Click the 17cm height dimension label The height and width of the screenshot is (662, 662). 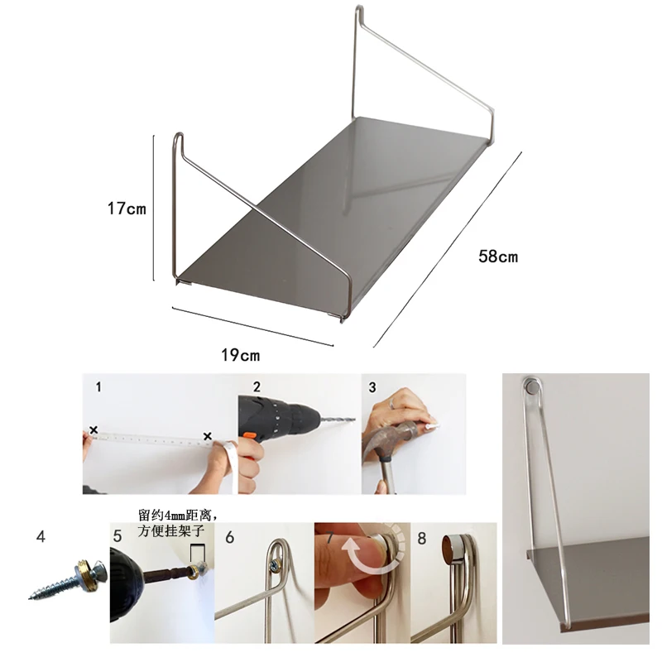point(127,209)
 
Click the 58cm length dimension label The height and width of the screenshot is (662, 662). point(498,257)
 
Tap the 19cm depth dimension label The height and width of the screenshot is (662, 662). point(241,355)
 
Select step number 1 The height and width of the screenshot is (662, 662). point(98,386)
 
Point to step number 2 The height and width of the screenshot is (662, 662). point(257,386)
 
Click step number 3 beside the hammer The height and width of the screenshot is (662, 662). point(372,387)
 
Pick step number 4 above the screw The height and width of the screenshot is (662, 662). point(41,536)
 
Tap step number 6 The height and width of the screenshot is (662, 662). point(229,537)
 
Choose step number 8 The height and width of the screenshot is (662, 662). point(421,539)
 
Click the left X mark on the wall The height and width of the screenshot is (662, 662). point(94,430)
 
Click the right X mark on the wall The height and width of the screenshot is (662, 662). point(208,436)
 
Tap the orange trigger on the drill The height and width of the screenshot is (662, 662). point(247,436)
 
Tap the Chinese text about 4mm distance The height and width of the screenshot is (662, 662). point(177,523)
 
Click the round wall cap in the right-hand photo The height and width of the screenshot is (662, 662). point(531,386)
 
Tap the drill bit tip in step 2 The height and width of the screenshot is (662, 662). point(354,420)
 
